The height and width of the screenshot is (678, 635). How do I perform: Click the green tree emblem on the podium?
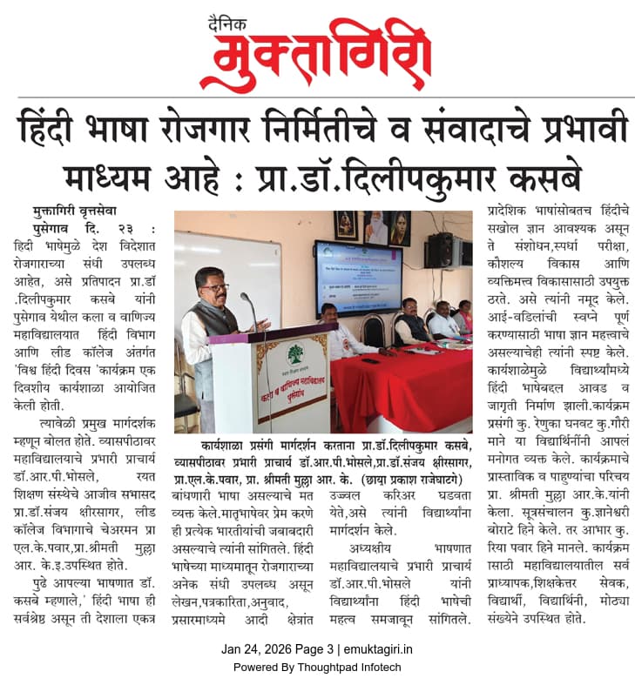click(295, 356)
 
